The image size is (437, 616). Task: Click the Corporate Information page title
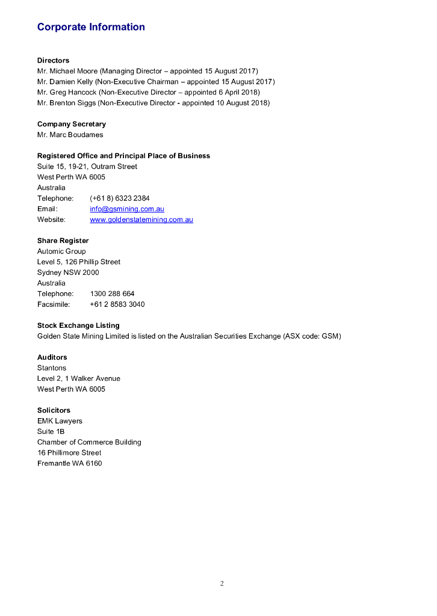91,27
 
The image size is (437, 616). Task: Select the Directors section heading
53,60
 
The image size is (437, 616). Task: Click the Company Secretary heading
71,124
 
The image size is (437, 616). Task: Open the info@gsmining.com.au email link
127,209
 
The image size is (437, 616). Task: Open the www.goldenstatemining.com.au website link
141,220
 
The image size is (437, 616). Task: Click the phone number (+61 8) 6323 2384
120,198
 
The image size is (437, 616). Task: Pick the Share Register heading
63,241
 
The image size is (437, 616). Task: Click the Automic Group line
61,251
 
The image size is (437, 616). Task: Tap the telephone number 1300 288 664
112,294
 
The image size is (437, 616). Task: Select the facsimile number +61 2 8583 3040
117,304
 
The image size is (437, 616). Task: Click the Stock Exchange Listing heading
78,325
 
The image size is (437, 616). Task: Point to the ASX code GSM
331,336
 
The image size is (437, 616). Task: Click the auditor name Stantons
52,368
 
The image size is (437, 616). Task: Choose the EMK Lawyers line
60,421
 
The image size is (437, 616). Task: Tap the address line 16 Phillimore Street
69,452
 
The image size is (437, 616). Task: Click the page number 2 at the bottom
222,584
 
